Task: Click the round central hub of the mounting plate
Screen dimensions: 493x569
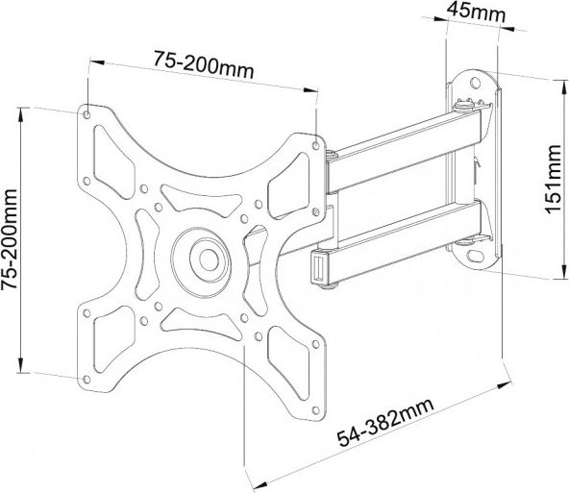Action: [203, 258]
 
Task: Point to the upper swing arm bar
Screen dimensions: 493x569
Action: [404, 144]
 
